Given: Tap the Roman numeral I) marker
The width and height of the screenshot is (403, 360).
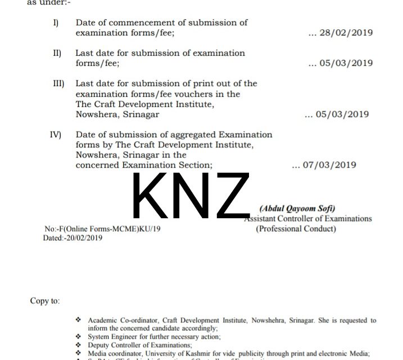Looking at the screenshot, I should [x=55, y=23].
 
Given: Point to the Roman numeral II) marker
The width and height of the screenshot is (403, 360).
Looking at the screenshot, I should [x=57, y=53].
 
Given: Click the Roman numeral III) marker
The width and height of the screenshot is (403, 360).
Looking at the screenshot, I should [x=58, y=83].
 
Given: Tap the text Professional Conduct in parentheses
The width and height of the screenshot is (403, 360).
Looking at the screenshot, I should [x=296, y=228].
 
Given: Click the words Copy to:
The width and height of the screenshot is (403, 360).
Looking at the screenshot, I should [x=45, y=301].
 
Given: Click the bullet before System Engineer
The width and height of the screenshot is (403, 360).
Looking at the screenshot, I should [x=79, y=336].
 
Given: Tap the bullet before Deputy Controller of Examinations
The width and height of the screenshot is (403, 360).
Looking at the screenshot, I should [x=79, y=345].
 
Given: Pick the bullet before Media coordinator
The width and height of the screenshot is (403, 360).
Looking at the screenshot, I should [x=79, y=353].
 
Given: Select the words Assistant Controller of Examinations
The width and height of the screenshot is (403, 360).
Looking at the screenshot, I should [x=307, y=219].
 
